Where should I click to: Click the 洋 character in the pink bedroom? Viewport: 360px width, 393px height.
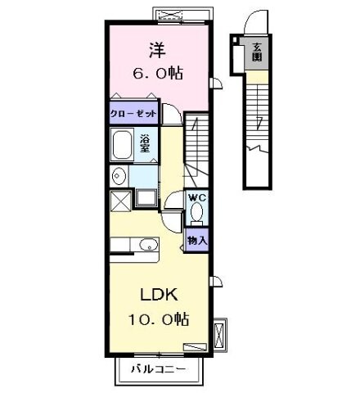(155, 49)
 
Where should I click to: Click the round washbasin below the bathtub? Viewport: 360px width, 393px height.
(119, 174)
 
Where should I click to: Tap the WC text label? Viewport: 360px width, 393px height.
(197, 197)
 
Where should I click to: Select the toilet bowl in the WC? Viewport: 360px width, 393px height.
(197, 213)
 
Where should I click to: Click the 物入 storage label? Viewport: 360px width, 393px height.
(197, 240)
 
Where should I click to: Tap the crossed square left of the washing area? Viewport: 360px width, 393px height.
(119, 199)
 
